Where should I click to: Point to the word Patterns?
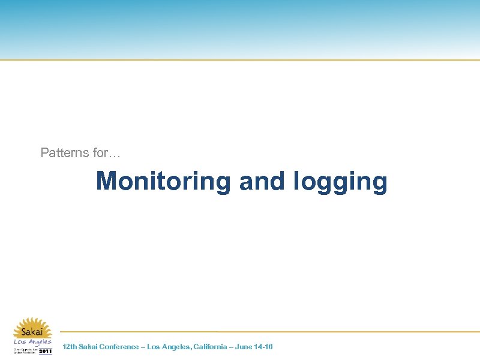(x=65, y=152)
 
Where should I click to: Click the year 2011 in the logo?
(x=46, y=351)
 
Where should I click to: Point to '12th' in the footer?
(x=70, y=347)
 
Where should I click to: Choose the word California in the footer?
(x=210, y=347)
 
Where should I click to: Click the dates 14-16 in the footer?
(x=265, y=347)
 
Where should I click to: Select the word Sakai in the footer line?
(x=89, y=347)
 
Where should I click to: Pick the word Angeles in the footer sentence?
(x=175, y=347)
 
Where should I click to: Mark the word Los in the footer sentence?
(x=154, y=347)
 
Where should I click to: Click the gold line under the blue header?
(x=240, y=59)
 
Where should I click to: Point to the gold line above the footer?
(x=270, y=332)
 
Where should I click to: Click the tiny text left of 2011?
(x=25, y=350)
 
